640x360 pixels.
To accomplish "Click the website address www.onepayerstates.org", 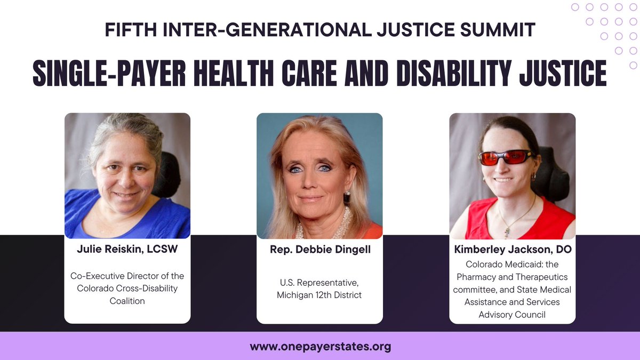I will click(320, 346).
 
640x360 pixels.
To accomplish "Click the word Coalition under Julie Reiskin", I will click(127, 301).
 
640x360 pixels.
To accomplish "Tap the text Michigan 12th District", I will click(319, 295).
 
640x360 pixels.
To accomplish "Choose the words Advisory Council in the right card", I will click(512, 315).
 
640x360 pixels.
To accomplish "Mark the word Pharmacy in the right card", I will click(490, 277).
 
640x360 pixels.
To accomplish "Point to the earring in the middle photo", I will click(347, 195).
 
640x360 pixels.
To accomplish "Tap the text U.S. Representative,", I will click(319, 283).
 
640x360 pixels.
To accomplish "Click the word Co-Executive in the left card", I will click(97, 276).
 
